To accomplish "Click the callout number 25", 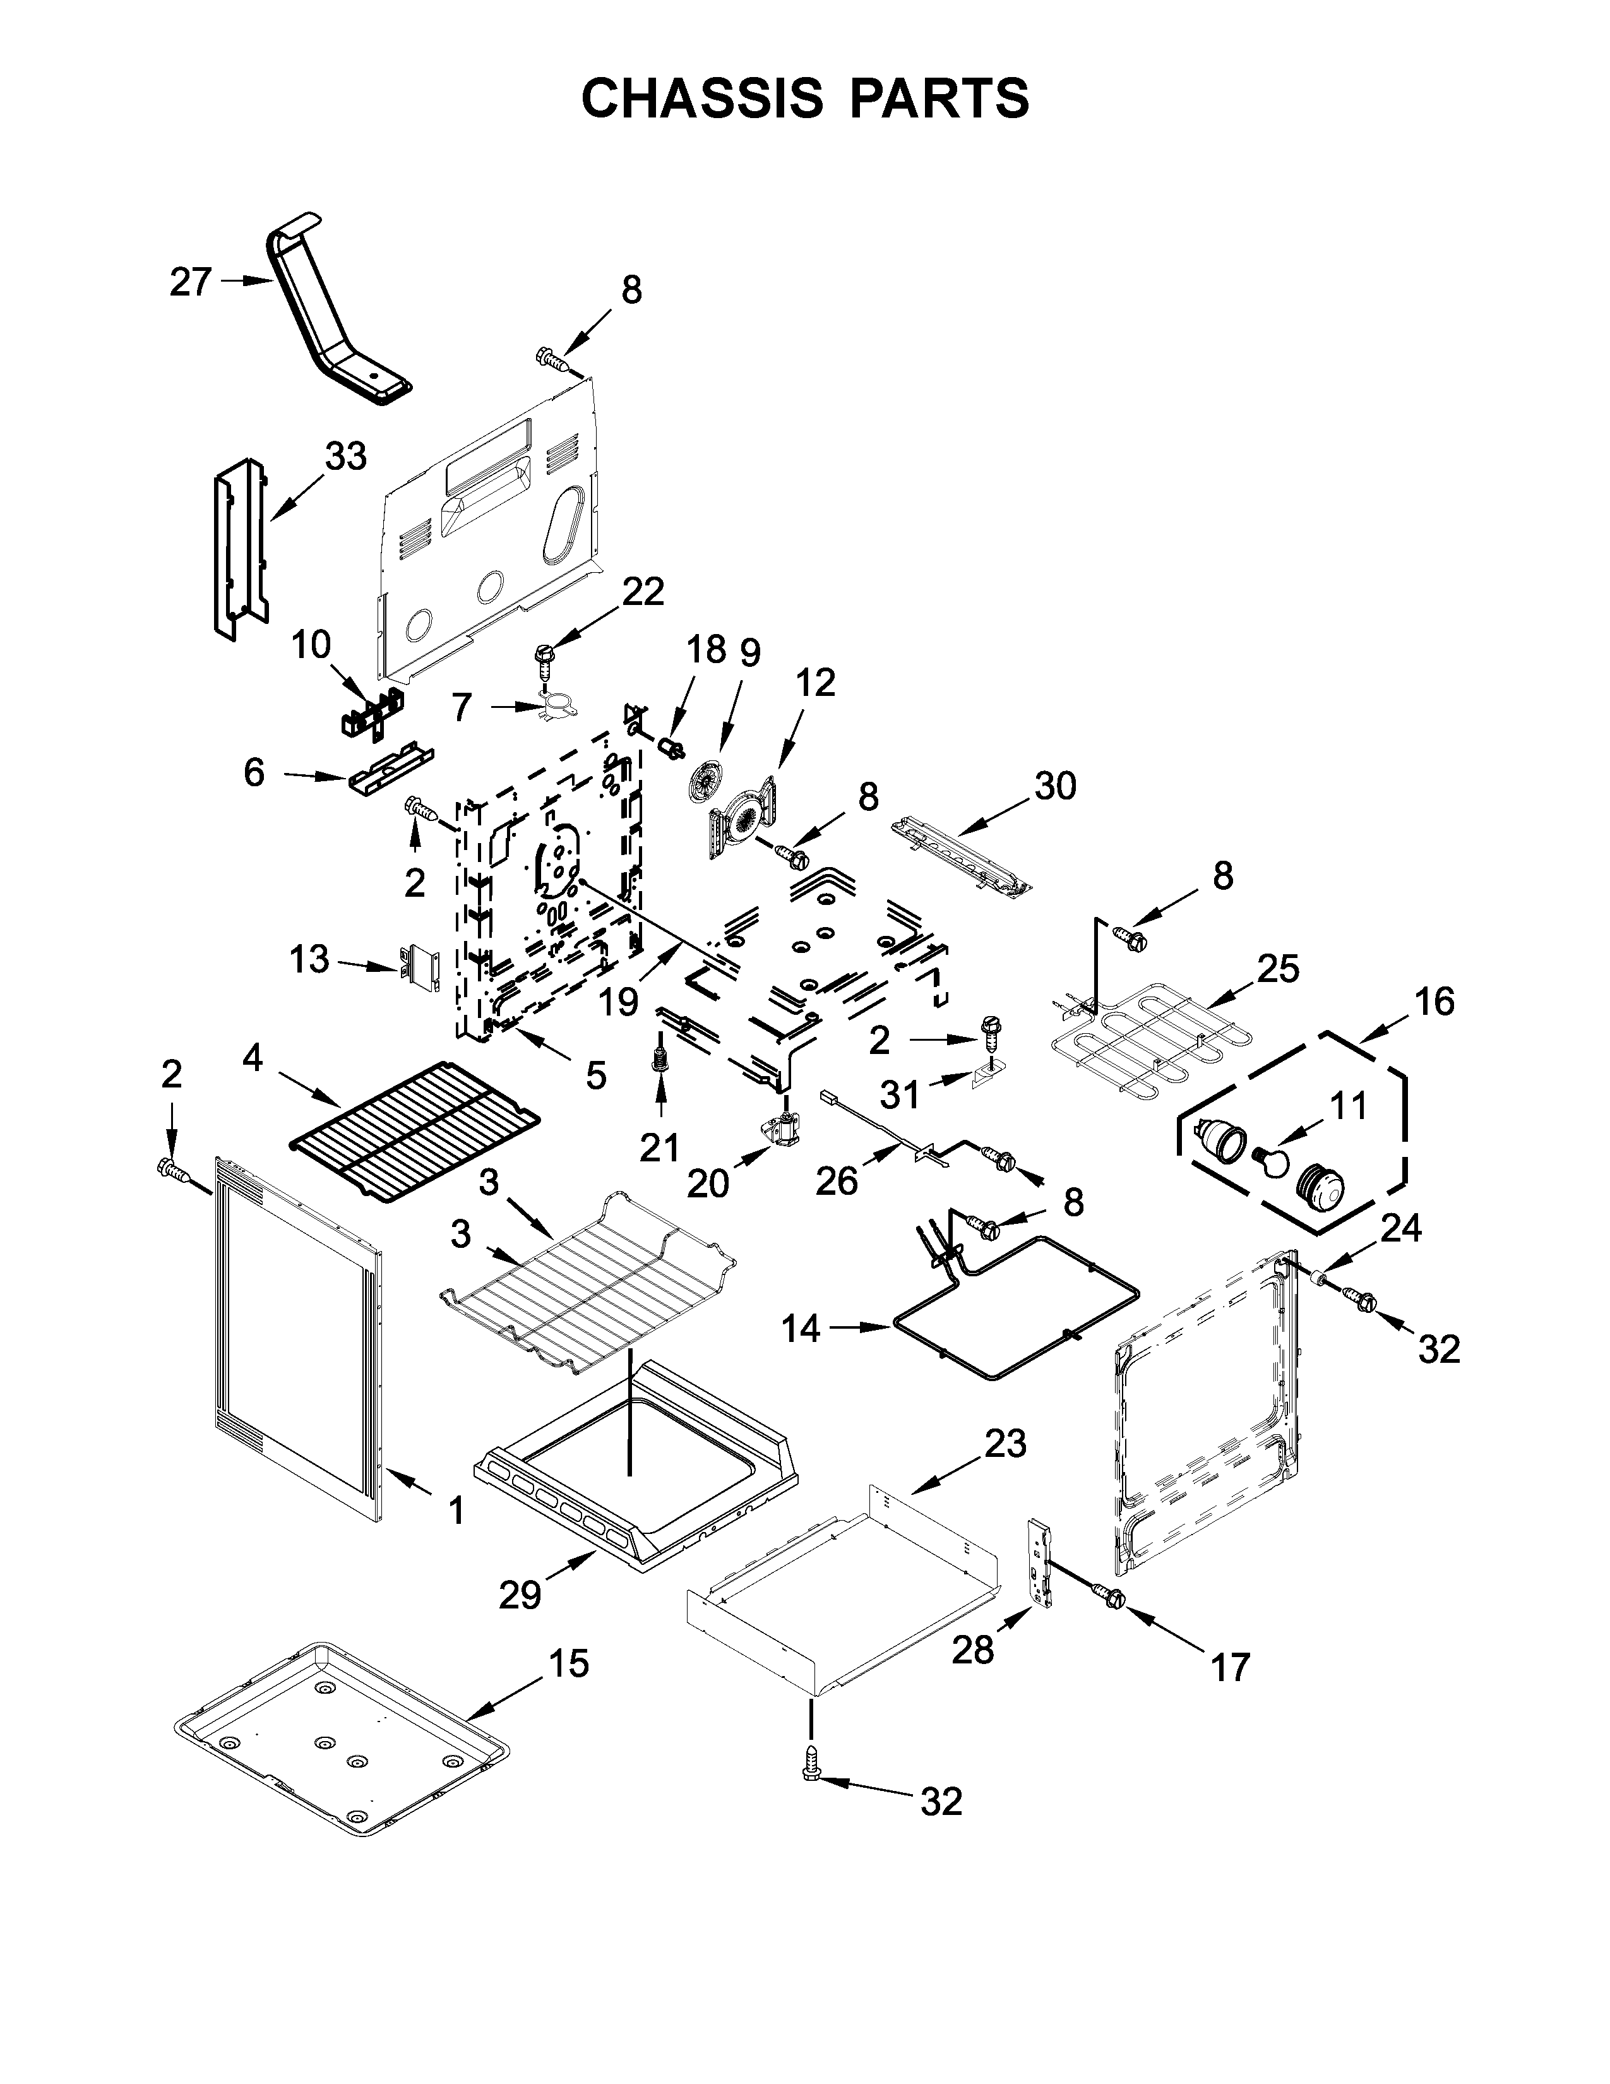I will pyautogui.click(x=1278, y=969).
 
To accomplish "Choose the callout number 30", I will pyautogui.click(x=1055, y=786).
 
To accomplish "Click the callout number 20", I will pyautogui.click(x=708, y=1184).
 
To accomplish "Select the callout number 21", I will pyautogui.click(x=659, y=1148).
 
